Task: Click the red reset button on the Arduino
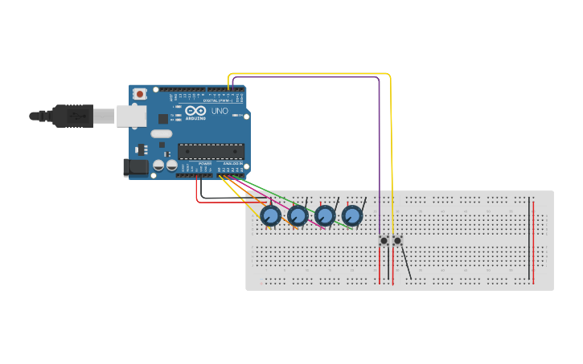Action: click(x=140, y=94)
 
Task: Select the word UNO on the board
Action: click(x=220, y=110)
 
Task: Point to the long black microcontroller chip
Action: click(x=211, y=150)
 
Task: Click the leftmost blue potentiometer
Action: click(x=271, y=215)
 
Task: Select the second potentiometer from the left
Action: click(x=298, y=215)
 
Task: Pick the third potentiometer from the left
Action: click(x=325, y=215)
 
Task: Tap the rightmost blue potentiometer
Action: click(x=352, y=215)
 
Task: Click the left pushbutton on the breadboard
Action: click(x=384, y=240)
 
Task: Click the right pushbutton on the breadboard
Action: click(x=397, y=240)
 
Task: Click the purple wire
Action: click(x=380, y=145)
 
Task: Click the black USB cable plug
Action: click(x=72, y=117)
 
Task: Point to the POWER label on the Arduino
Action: click(x=204, y=163)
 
